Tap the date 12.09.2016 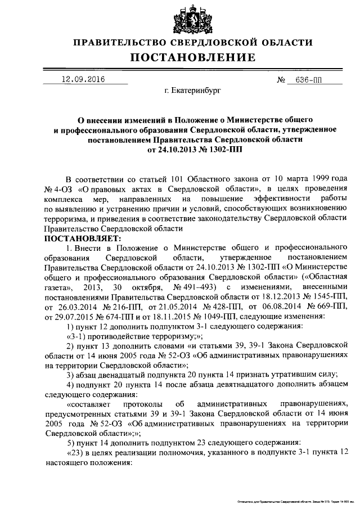coord(83,79)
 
